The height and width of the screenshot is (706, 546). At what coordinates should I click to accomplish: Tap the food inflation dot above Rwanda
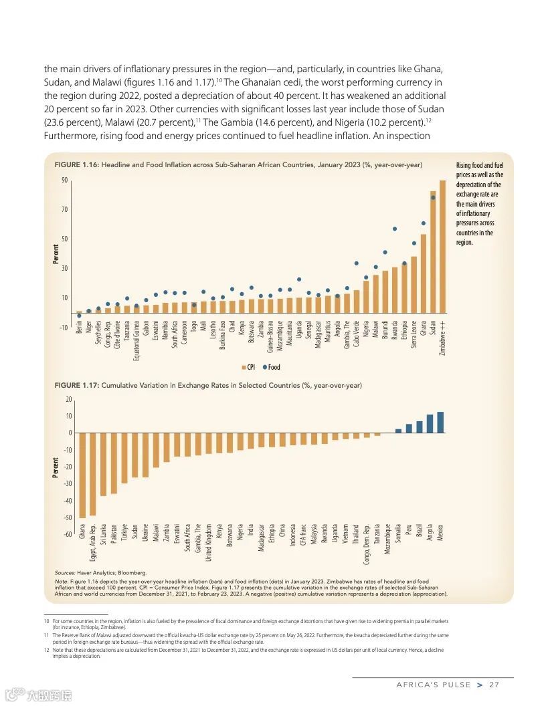pos(395,229)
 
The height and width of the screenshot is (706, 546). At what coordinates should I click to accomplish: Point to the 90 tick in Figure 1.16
pos(65,181)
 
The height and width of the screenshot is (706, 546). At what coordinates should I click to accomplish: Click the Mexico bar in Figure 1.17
pos(440,422)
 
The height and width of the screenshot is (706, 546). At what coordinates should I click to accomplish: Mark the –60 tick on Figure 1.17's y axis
pos(68,534)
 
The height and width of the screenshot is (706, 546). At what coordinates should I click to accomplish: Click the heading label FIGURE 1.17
pos(76,386)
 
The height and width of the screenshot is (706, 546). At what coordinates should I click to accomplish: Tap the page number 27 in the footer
pos(494,685)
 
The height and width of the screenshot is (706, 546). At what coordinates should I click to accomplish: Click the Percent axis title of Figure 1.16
pos(56,253)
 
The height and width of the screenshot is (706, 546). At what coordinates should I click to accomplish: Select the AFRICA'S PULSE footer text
pos(432,685)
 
